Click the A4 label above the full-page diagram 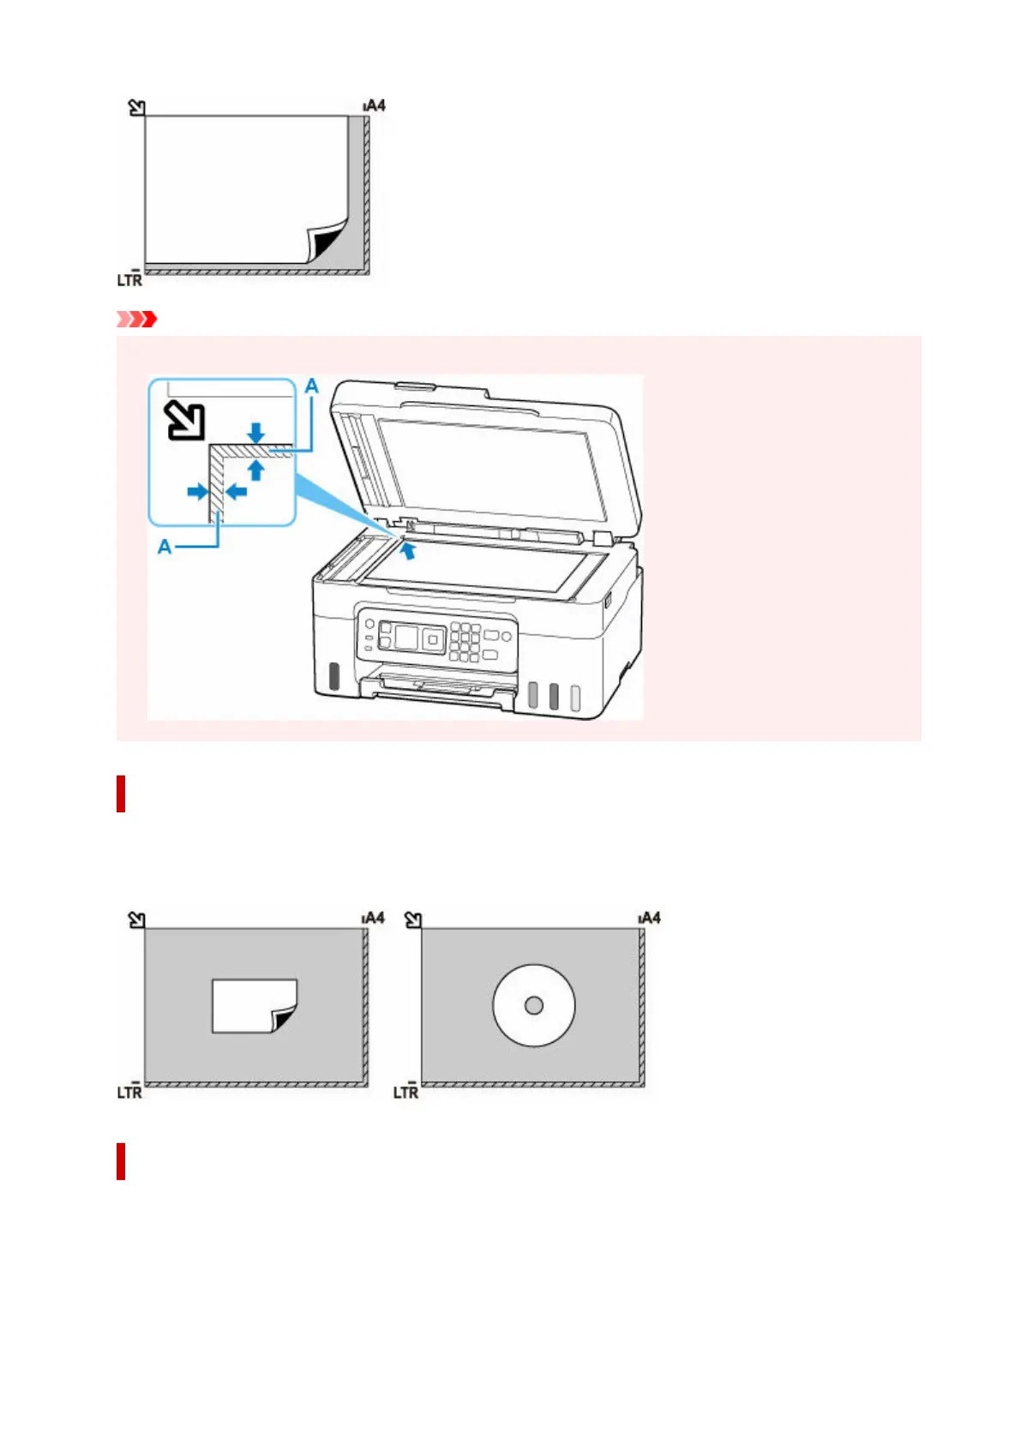tap(375, 105)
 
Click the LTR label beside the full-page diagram tap(129, 279)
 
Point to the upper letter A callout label tap(312, 386)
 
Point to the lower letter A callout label tap(165, 546)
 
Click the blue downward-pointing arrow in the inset tap(255, 432)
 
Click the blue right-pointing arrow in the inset tap(197, 492)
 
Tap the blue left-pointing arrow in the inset tap(237, 492)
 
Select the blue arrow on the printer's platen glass tap(410, 549)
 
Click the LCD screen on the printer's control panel tap(405, 638)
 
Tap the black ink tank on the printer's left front tap(333, 675)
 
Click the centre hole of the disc tap(533, 1005)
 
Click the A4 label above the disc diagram tap(650, 918)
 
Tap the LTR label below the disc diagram tap(405, 1092)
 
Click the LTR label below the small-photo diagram tap(129, 1092)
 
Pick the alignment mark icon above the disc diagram tap(413, 919)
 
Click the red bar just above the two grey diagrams tap(121, 793)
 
